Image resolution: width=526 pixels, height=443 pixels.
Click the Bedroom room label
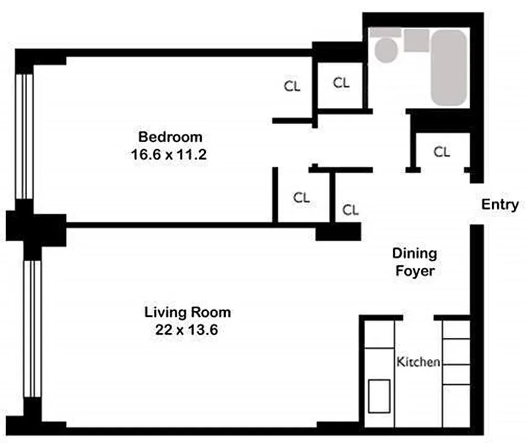(x=170, y=137)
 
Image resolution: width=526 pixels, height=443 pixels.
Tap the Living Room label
(x=188, y=312)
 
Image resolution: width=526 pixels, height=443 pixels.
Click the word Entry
(x=499, y=204)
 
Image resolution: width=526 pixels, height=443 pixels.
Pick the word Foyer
(x=414, y=272)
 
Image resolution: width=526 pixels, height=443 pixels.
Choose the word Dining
(x=414, y=254)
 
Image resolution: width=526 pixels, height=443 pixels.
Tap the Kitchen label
(x=418, y=362)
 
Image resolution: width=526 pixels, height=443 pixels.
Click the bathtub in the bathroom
(x=449, y=67)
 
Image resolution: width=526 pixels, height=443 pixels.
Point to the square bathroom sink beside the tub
(x=416, y=40)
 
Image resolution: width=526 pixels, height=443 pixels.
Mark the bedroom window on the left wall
(x=24, y=136)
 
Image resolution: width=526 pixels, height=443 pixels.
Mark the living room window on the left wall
(x=32, y=329)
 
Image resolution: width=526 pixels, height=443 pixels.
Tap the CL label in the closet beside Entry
(x=441, y=152)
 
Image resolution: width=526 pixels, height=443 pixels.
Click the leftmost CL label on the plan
(x=292, y=86)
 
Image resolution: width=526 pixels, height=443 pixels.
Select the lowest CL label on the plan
(x=350, y=210)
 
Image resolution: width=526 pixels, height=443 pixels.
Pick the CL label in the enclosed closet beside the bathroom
(x=341, y=83)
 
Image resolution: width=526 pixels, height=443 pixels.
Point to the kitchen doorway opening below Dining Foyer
(x=418, y=317)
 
